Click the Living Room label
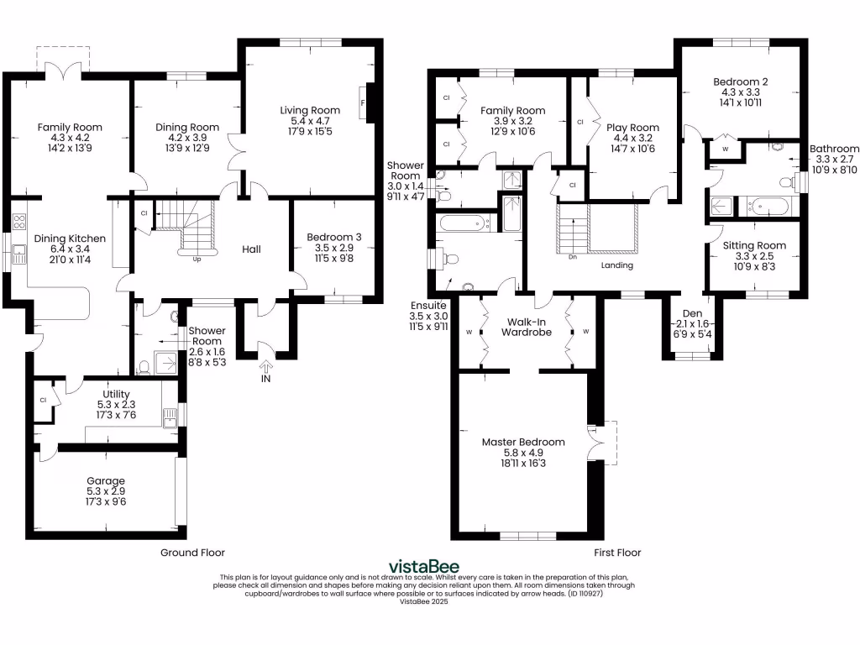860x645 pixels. [310, 110]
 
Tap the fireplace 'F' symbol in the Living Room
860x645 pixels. [362, 103]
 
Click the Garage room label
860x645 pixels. [105, 481]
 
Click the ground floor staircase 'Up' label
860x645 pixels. [197, 259]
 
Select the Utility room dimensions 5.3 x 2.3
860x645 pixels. [116, 405]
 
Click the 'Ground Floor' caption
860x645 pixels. [192, 553]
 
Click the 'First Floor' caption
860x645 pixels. [617, 553]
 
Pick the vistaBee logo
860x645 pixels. [423, 566]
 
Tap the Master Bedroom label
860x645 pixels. [523, 442]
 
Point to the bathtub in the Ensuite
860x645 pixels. [464, 223]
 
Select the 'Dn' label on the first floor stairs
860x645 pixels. [573, 257]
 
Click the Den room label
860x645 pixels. [692, 313]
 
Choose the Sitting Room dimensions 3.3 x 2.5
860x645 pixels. [754, 256]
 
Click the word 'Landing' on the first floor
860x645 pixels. [616, 265]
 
